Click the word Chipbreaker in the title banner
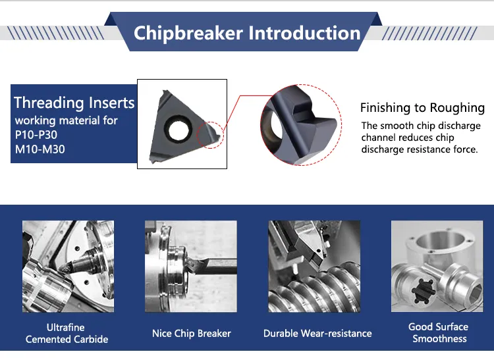pyautogui.click(x=188, y=34)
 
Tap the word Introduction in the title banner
pyautogui.click(x=304, y=33)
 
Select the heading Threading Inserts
pyautogui.click(x=74, y=103)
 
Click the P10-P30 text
pyautogui.click(x=36, y=135)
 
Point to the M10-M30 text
pyautogui.click(x=40, y=149)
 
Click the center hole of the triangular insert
pyautogui.click(x=178, y=130)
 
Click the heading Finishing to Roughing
pyautogui.click(x=422, y=108)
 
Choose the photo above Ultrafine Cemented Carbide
pyautogui.click(x=68, y=267)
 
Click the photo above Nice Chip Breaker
pyautogui.click(x=191, y=267)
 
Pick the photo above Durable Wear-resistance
pyautogui.click(x=314, y=267)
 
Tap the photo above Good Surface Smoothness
pyautogui.click(x=437, y=267)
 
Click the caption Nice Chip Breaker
pyautogui.click(x=191, y=333)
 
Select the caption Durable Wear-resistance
pyautogui.click(x=317, y=333)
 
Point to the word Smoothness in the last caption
pyautogui.click(x=439, y=338)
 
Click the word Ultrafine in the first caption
pyautogui.click(x=65, y=327)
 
